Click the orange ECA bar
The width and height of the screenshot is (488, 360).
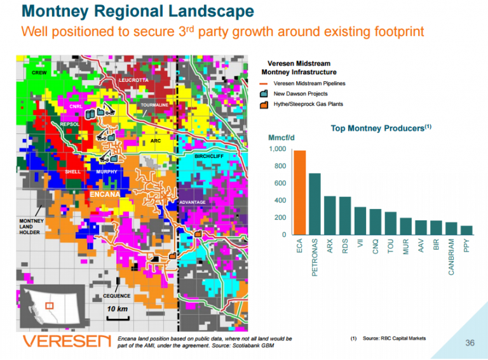[x=300, y=192]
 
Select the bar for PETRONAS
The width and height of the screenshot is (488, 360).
[x=315, y=204]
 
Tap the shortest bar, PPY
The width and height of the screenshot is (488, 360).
[x=466, y=230]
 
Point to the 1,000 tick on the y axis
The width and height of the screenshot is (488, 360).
[x=278, y=149]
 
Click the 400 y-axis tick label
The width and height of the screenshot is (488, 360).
[x=280, y=201]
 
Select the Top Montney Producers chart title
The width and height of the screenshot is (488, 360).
[x=381, y=128]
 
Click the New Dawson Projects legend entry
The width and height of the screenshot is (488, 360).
[x=301, y=94]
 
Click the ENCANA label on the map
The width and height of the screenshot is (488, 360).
[x=105, y=194]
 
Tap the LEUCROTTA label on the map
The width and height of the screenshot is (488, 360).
[x=133, y=80]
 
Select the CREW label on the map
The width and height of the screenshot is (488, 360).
[x=39, y=73]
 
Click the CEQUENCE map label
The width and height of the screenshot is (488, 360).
[x=117, y=296]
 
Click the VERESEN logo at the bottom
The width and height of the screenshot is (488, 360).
[x=67, y=342]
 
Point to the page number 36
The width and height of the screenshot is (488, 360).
[x=470, y=343]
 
